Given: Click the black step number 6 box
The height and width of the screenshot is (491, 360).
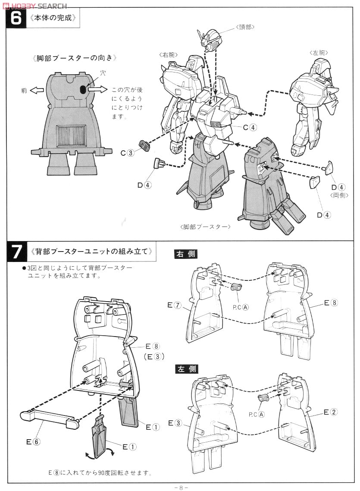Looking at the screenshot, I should [16, 19].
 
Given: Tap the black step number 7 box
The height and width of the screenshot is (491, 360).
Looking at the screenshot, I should [16, 252].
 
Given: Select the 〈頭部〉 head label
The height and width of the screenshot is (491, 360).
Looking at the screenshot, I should [245, 27].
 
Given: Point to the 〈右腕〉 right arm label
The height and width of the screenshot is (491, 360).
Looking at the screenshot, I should [169, 54].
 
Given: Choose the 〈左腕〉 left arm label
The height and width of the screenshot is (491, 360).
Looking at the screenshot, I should [319, 52].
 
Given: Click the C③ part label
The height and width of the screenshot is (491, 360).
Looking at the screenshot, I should [127, 152].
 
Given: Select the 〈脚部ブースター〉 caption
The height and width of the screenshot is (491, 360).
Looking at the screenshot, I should [205, 227].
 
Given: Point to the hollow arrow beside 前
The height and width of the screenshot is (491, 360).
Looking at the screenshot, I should [37, 90].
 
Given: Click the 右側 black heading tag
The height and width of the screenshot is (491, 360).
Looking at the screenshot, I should [186, 254].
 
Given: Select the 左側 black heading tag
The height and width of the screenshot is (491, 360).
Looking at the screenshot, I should [186, 369].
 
